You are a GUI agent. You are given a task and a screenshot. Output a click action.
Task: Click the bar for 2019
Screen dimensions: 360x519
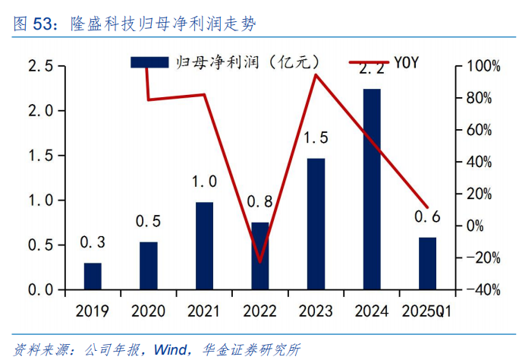pyautogui.click(x=93, y=276)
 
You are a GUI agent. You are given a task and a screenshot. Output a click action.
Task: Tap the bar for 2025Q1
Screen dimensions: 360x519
pyautogui.click(x=428, y=264)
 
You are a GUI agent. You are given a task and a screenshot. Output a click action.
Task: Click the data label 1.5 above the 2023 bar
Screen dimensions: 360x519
pyautogui.click(x=316, y=138)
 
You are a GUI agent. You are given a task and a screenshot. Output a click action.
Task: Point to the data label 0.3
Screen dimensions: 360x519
pyautogui.click(x=92, y=243)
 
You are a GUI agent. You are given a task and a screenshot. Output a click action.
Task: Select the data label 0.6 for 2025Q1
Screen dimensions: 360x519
pyautogui.click(x=427, y=217)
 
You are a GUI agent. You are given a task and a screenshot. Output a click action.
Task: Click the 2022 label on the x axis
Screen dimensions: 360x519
pyautogui.click(x=260, y=311)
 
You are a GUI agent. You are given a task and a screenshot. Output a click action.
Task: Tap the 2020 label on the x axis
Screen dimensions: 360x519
pyautogui.click(x=148, y=311)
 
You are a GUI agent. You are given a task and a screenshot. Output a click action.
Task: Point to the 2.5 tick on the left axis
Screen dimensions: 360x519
pyautogui.click(x=40, y=67)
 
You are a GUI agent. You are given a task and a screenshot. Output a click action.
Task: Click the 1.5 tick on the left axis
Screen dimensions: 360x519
pyautogui.click(x=40, y=156)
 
